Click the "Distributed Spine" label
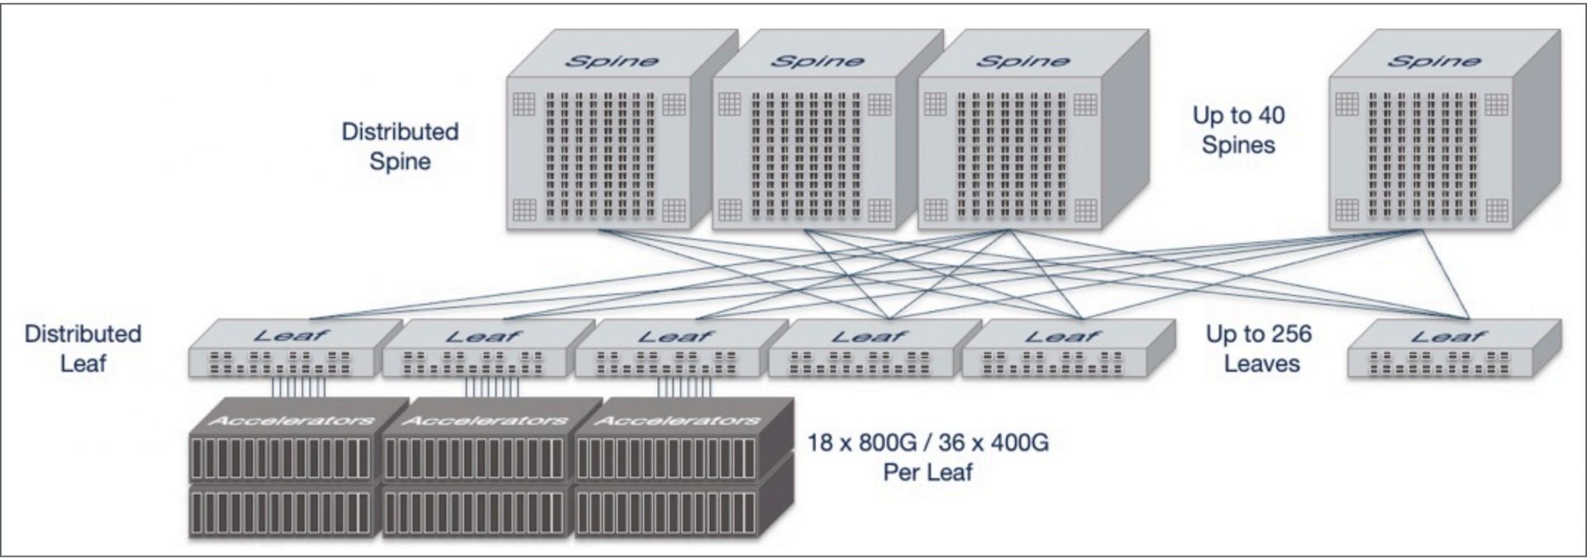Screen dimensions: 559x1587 [x=400, y=146]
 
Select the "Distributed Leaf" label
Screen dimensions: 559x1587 [x=83, y=348]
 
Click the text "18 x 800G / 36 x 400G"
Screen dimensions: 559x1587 [x=927, y=443]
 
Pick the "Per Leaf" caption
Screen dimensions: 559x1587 [x=927, y=472]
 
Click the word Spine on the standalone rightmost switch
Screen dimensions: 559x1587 [x=1434, y=61]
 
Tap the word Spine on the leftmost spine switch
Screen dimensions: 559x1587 [x=612, y=61]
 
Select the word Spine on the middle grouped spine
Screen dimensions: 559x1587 [x=817, y=61]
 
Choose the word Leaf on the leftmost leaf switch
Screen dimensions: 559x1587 [x=290, y=336]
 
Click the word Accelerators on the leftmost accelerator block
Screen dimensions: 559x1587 [x=291, y=421]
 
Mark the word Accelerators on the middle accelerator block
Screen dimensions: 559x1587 [x=484, y=421]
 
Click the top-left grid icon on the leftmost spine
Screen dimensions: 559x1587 [x=524, y=104]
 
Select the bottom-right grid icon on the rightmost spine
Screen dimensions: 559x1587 [x=1497, y=211]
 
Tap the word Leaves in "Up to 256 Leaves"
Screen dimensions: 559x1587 [x=1261, y=363]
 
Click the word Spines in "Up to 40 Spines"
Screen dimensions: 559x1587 [x=1238, y=145]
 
